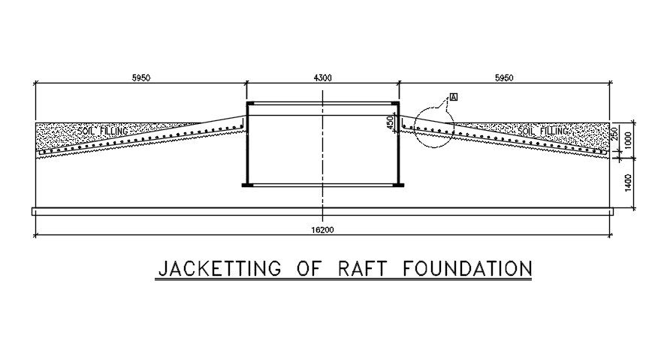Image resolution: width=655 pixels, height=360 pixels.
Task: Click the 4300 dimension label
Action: tap(322, 78)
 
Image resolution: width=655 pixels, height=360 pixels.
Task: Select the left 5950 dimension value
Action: tap(140, 78)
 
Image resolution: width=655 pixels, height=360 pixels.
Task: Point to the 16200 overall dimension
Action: tap(321, 230)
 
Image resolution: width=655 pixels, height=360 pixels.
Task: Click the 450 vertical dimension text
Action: tap(390, 123)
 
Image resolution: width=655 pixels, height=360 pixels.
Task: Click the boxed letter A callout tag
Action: tap(454, 97)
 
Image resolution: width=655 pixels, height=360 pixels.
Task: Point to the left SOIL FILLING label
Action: tap(103, 131)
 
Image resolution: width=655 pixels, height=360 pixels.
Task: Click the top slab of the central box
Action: tap(322, 103)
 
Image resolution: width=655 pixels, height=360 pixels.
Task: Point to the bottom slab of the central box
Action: tap(322, 185)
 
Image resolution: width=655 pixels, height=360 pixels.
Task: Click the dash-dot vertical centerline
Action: tap(322, 150)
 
